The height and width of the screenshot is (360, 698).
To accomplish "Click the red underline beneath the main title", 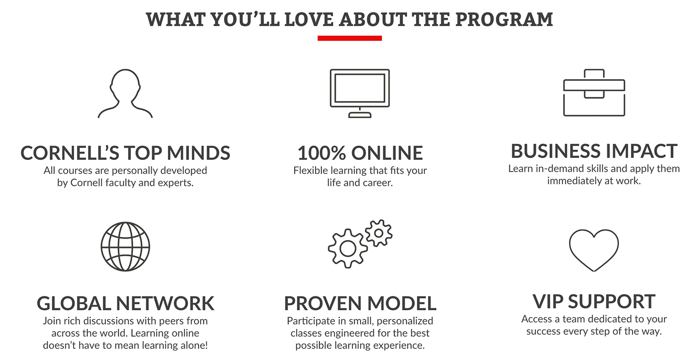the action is (349, 38).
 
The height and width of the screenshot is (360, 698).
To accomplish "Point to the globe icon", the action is (125, 247).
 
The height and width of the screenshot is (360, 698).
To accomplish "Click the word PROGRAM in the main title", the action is (504, 20).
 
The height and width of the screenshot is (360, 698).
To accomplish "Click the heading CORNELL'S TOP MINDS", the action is (125, 153).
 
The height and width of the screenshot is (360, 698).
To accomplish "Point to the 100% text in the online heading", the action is (322, 153).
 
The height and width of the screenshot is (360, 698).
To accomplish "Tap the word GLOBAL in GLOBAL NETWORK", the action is (74, 303).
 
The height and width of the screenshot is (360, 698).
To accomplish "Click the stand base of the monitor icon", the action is (360, 115).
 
